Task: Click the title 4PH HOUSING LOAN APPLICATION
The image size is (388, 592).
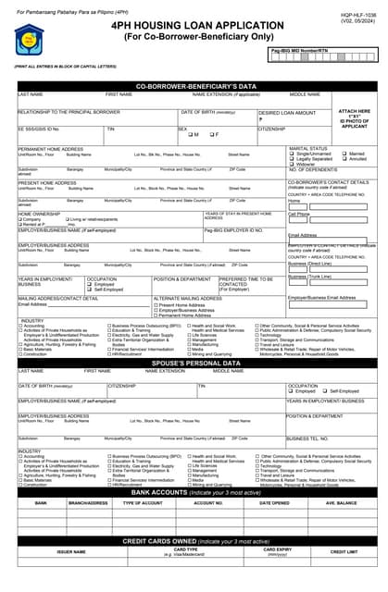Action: pos(194,28)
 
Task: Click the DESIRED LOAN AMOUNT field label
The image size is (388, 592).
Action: pos(287,112)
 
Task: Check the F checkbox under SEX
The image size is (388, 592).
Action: pos(212,135)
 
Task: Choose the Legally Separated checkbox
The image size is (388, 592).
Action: pos(294,158)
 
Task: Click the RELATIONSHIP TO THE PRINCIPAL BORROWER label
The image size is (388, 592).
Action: pos(69,111)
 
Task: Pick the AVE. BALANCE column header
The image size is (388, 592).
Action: pos(341,503)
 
